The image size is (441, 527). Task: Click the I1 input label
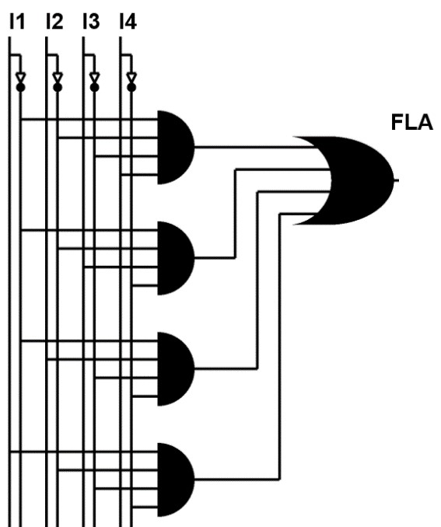[17, 22]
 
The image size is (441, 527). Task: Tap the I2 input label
[54, 22]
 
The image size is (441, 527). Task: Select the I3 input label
[92, 22]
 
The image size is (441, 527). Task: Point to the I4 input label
[128, 22]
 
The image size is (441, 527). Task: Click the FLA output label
[412, 122]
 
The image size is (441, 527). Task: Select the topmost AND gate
[176, 147]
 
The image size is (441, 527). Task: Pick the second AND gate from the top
[176, 258]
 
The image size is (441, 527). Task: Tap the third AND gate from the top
[176, 369]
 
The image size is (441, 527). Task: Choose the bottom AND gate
[176, 480]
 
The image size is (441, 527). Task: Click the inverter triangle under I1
[20, 78]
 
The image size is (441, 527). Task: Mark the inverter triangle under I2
[58, 78]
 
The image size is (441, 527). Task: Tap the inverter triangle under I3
[95, 78]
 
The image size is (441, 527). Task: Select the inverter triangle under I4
[131, 78]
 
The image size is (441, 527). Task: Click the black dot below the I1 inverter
[20, 88]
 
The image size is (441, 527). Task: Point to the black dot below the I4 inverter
[131, 88]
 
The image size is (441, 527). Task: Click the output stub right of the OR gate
[396, 180]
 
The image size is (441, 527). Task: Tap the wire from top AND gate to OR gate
[254, 147]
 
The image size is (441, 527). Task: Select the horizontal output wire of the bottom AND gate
[237, 480]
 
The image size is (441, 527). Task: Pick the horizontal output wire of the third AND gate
[226, 368]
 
